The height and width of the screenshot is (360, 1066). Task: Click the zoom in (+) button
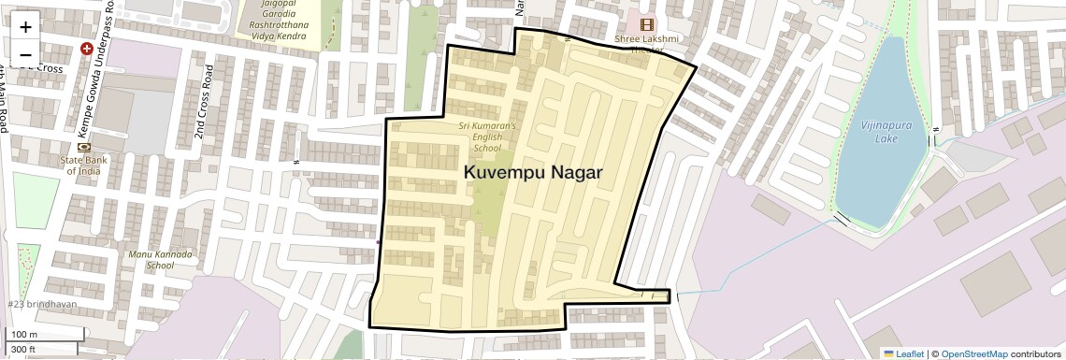click(x=25, y=27)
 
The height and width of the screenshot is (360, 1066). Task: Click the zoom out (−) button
click(x=25, y=53)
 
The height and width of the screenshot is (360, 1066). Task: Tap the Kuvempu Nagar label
click(x=532, y=172)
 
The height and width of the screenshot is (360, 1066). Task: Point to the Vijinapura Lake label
click(x=879, y=132)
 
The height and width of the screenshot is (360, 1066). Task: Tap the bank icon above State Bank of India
click(x=84, y=148)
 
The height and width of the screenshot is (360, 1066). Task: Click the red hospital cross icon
click(x=87, y=49)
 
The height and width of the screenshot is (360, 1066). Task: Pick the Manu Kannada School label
click(x=160, y=259)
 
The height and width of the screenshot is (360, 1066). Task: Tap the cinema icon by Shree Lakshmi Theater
click(x=646, y=24)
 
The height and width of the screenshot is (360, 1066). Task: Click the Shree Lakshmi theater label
click(x=646, y=43)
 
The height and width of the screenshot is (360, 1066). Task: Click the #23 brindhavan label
click(x=42, y=305)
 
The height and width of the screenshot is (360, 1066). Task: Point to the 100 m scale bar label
click(x=24, y=335)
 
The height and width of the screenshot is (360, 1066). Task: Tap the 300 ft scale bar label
click(x=23, y=350)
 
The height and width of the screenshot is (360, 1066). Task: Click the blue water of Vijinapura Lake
click(x=874, y=178)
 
